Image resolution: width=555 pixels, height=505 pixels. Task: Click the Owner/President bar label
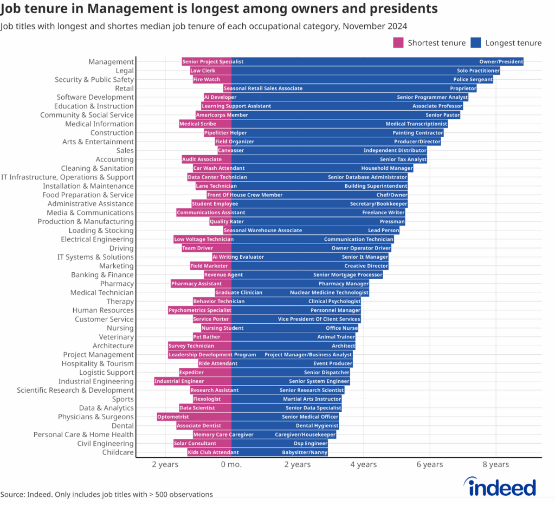pos(501,62)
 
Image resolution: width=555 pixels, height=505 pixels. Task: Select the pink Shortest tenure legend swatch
pos(398,43)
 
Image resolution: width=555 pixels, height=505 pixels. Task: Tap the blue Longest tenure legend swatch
pos(476,43)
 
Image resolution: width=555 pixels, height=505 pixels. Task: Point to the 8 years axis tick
pos(495,464)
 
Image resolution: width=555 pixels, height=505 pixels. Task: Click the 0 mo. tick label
pos(231,464)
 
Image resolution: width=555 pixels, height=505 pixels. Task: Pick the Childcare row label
pos(118,452)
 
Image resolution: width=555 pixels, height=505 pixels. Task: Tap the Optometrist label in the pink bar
pos(173,417)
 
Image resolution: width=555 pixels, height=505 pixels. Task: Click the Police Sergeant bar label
pos(472,80)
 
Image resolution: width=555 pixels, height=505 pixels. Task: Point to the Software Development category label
pos(95,97)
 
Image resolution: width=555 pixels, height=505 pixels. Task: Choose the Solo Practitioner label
pos(478,71)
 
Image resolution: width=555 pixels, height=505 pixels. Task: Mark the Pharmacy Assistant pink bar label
pos(196,284)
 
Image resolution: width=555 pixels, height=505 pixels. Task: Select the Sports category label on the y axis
pos(122,399)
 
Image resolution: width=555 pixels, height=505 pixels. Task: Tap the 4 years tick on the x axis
pos(363,464)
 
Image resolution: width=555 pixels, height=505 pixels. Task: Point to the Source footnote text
pos(106,494)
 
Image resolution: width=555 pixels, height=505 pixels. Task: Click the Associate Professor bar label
pos(437,106)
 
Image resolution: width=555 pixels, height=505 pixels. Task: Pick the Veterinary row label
pos(116,337)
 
